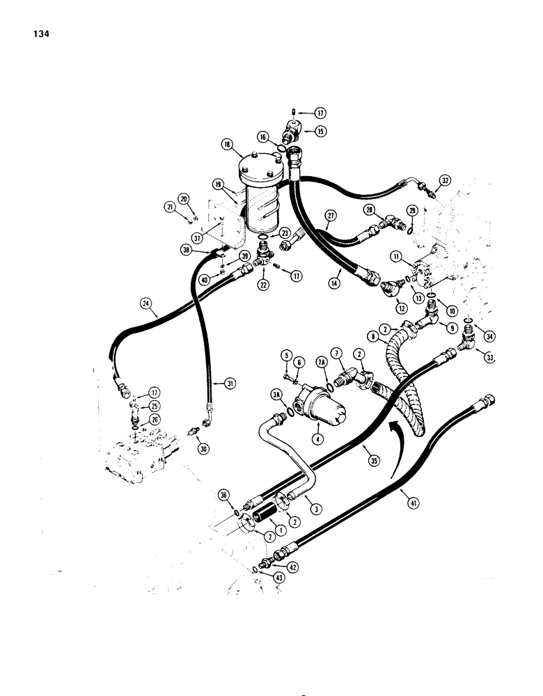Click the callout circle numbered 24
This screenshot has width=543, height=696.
point(145,303)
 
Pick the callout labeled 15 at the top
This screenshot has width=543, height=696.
point(321,131)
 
